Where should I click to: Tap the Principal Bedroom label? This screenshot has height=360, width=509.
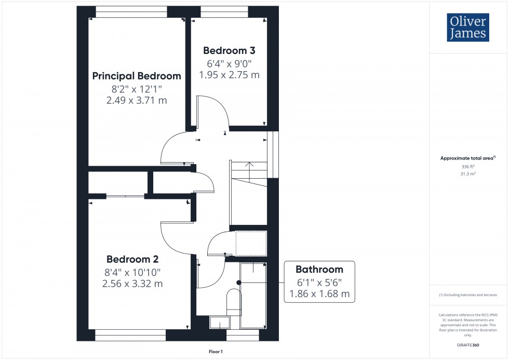coord(137,76)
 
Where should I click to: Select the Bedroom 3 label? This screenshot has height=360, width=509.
coord(229,50)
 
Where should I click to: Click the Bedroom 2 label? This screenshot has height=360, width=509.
coord(132,259)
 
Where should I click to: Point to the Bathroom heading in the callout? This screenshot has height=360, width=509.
coord(319,269)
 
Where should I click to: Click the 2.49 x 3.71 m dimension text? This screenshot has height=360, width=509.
coord(137,100)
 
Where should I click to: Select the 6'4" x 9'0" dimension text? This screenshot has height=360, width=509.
coord(229,63)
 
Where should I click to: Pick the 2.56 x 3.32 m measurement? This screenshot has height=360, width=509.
coord(132,284)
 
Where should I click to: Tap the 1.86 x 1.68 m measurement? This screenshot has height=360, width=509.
coord(319,294)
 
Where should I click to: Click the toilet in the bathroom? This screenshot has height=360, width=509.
coord(234,301)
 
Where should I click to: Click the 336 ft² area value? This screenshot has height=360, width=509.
coord(468,166)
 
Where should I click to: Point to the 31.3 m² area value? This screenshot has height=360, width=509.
coord(468,174)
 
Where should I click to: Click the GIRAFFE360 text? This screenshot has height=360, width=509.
coord(468,345)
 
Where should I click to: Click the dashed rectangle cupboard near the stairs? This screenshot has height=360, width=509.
coord(251,243)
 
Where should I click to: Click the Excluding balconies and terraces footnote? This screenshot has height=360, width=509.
coord(468,295)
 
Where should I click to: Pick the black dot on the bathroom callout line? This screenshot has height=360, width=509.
coord(239,282)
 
